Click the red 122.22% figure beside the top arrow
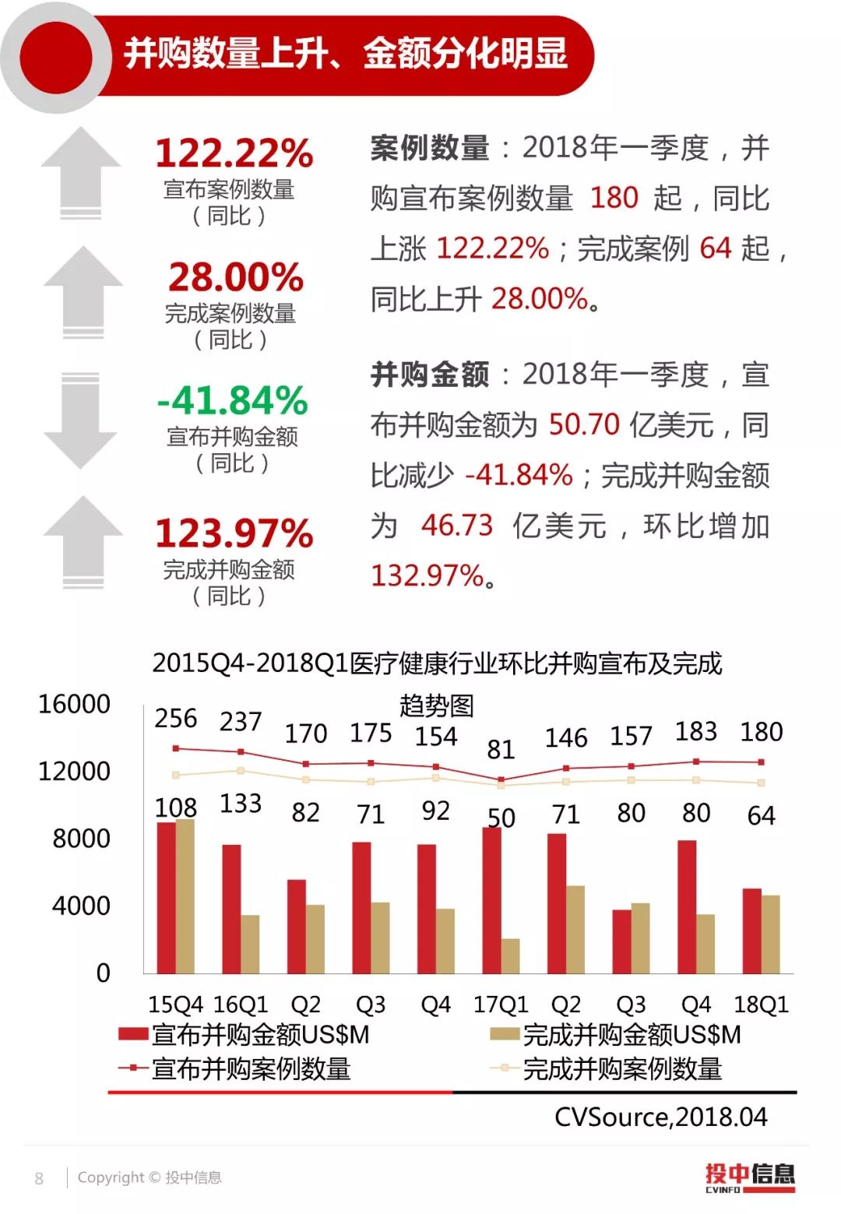[234, 153]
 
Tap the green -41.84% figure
[232, 400]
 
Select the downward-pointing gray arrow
[80, 421]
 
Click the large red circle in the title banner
[56, 58]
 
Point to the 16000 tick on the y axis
[74, 704]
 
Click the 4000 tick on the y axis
[81, 906]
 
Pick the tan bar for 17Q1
[510, 955]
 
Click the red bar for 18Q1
[751, 931]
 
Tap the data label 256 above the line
[176, 718]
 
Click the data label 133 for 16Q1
[241, 804]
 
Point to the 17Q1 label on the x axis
[501, 1005]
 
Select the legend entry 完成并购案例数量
[607, 1069]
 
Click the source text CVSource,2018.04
[660, 1117]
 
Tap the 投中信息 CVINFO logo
[750, 1177]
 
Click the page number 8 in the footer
[39, 1178]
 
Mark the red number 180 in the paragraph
[614, 198]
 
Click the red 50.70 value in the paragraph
[584, 424]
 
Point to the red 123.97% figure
[234, 533]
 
